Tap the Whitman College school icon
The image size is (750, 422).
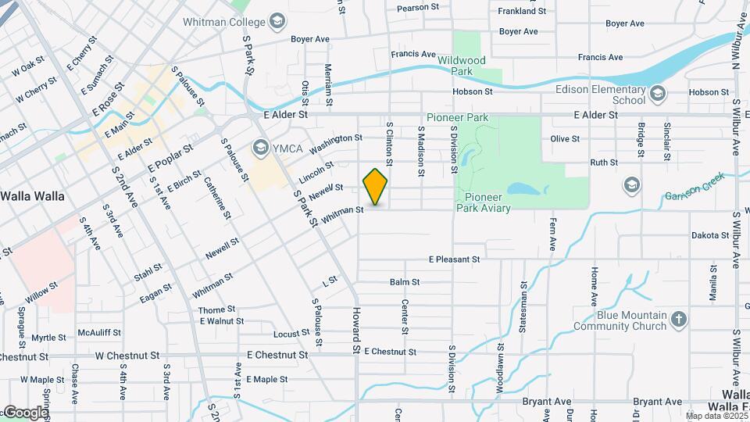pos(277,21)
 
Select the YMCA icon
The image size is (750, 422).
pos(260,147)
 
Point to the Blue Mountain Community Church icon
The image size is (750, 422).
pos(679,319)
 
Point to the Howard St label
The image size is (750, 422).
pos(355,328)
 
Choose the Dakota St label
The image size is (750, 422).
pos(709,235)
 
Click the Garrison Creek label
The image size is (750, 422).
pos(695,188)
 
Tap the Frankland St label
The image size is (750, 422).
pos(522,12)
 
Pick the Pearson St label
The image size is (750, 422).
pos(418,7)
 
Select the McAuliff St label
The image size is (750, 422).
pos(99,332)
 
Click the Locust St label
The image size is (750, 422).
pos(291,334)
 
